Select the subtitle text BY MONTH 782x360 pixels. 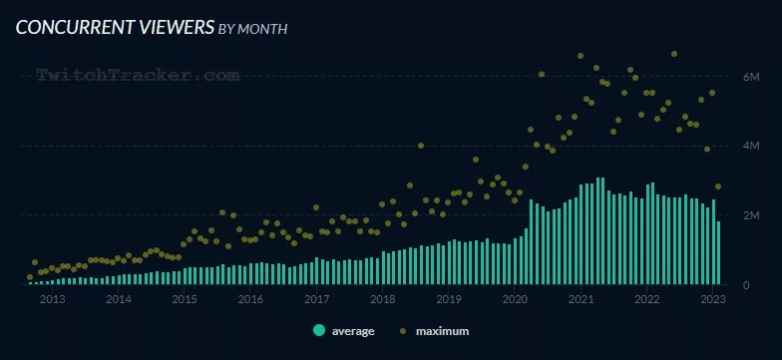[x=253, y=30]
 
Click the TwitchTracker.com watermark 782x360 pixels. [x=138, y=76]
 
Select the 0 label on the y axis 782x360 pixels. [x=746, y=285]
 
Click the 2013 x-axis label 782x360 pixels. [x=52, y=299]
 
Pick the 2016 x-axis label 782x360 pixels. [x=250, y=299]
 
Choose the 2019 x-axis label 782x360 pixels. [x=448, y=299]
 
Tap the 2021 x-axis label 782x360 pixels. [x=581, y=299]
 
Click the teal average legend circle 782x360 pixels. [x=319, y=330]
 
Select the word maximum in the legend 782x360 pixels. [x=443, y=331]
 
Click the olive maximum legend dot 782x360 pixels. [x=403, y=331]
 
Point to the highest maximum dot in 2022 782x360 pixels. [x=674, y=54]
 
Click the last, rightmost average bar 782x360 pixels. [x=718, y=253]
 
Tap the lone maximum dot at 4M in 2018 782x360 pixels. [x=421, y=146]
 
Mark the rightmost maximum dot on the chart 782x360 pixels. [x=718, y=186]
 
